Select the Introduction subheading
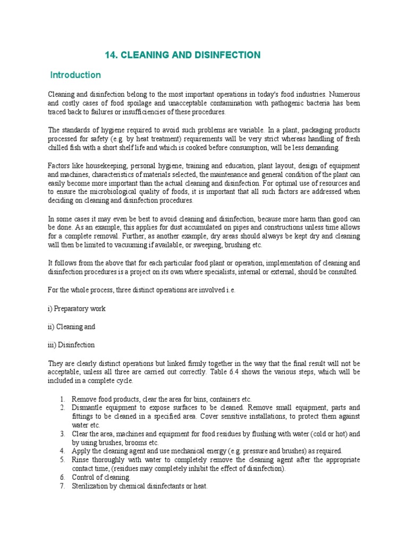75,75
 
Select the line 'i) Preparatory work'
77,309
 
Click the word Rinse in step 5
81,460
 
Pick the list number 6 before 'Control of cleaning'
62,478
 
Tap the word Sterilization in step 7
91,486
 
